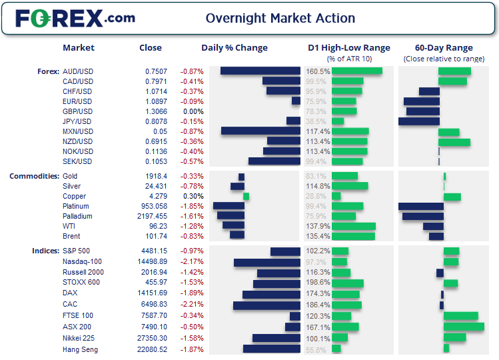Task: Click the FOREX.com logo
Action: tap(75, 18)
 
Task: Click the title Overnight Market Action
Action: tap(280, 18)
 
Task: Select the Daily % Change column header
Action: tap(235, 48)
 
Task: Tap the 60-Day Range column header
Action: tap(444, 48)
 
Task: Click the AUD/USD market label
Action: tap(77, 71)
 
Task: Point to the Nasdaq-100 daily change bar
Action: tap(267, 263)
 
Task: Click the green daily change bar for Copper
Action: tap(246, 196)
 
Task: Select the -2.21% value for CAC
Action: tap(192, 305)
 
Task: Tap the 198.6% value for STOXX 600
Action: tap(318, 283)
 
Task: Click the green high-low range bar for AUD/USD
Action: tap(356, 71)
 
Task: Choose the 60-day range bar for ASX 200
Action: tap(464, 327)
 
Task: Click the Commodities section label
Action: tap(34, 176)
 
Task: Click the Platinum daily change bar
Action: tap(229, 206)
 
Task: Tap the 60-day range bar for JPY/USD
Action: tap(419, 121)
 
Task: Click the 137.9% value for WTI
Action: tap(318, 226)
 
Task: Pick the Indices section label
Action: tap(45, 251)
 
